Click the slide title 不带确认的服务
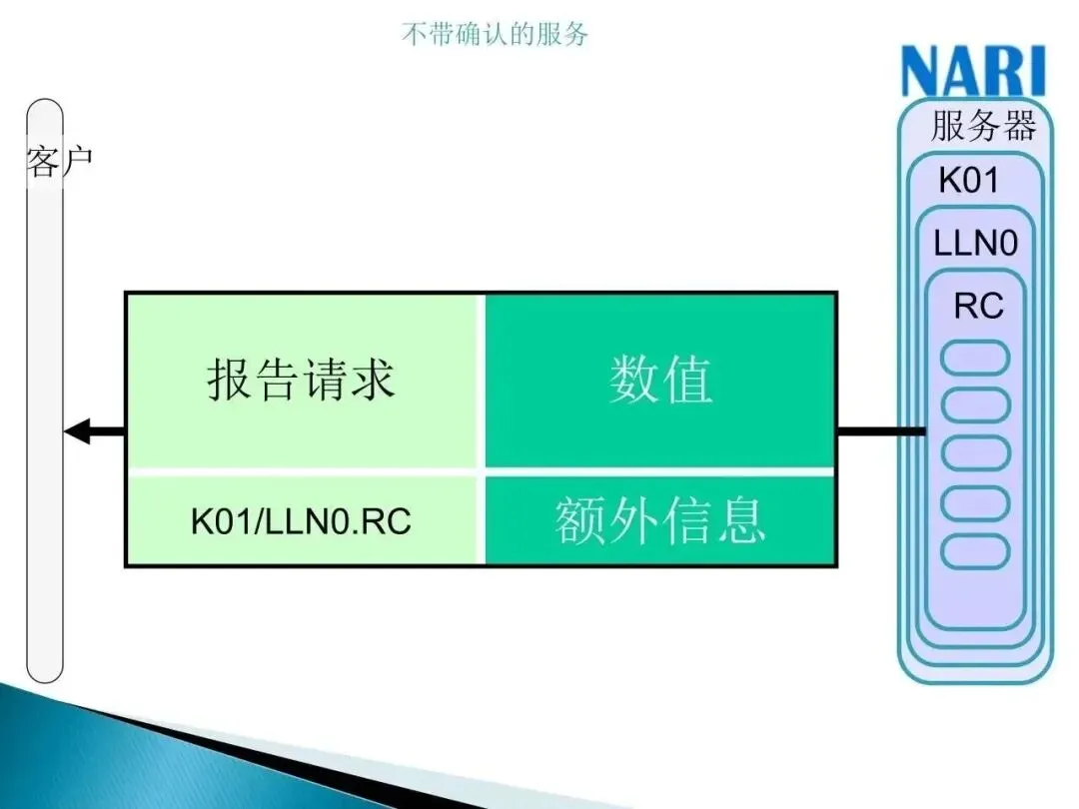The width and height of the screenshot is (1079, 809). point(495,35)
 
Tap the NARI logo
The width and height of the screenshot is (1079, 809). point(973,72)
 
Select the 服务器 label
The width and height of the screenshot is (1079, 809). point(983,127)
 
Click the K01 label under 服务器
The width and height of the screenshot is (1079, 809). point(968,181)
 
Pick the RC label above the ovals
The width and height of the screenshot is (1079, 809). point(978,306)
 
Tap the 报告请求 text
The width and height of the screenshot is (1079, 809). point(302,380)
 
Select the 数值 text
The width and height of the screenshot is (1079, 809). point(660,380)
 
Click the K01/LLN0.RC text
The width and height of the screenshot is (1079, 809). point(301,522)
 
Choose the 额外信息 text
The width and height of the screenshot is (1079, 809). point(660,520)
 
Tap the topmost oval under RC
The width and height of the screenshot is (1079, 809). point(976,359)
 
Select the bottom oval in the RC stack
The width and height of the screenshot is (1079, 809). point(976,550)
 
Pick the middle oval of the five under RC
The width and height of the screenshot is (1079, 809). point(976,454)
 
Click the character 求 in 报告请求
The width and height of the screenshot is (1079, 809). point(373,380)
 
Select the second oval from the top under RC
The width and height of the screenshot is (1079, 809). point(976,406)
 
